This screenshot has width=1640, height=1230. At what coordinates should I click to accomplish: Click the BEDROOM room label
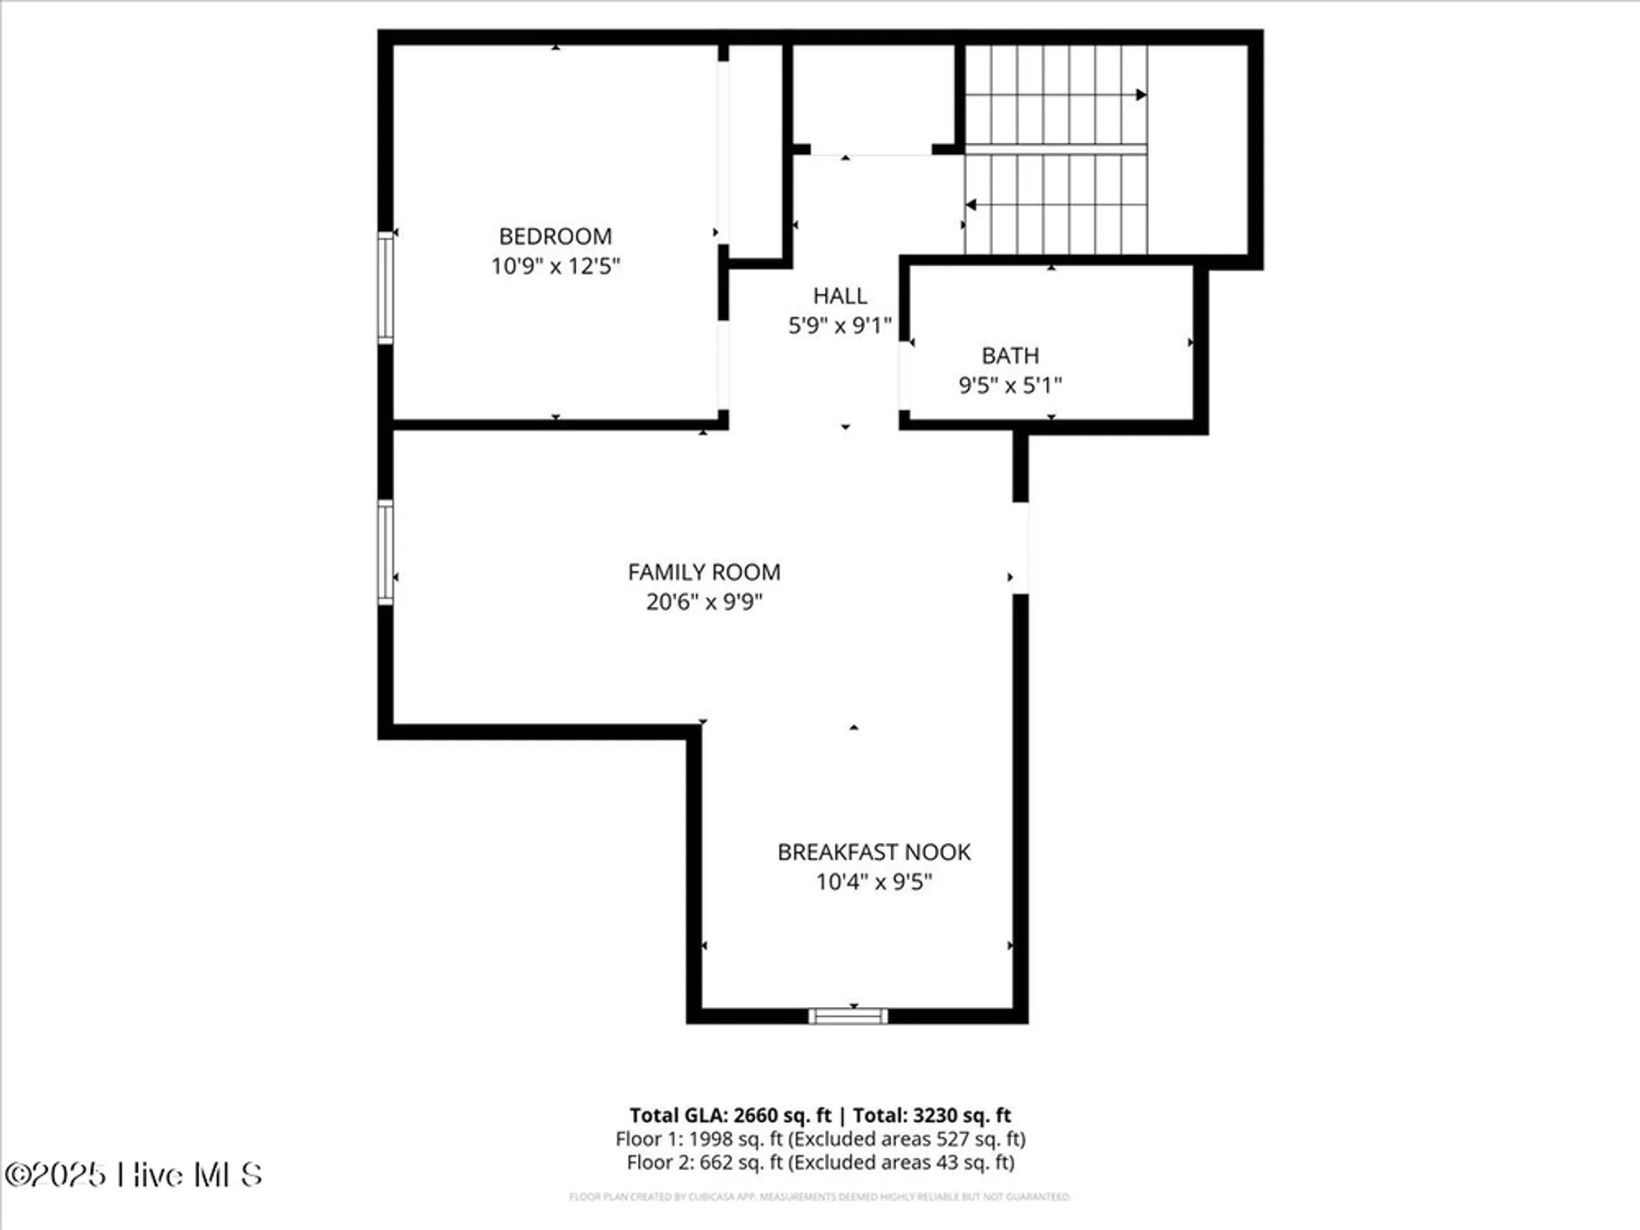point(555,236)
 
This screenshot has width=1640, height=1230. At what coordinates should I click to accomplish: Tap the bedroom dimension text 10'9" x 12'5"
point(555,266)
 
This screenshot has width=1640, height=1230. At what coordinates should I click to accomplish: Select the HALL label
point(840,295)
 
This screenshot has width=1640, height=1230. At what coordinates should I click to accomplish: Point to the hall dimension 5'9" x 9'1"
point(840,326)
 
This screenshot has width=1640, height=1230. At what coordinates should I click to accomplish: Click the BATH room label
point(1010,355)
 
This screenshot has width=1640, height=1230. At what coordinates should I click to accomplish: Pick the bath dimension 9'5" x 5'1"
point(1010,385)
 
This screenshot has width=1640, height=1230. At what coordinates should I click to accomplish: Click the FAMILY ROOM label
point(704,572)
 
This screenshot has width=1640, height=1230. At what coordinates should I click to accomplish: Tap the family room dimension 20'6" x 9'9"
point(704,602)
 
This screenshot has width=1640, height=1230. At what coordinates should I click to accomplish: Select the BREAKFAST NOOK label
point(874,852)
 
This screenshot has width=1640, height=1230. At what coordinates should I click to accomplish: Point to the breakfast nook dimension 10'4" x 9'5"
point(874,881)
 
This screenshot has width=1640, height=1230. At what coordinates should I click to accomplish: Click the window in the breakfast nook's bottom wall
point(848,1016)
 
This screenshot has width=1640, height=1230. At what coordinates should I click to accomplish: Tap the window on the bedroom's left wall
point(385,287)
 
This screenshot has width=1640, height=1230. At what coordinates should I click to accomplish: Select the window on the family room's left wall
point(385,552)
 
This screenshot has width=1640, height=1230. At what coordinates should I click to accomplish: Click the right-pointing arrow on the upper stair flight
point(1140,95)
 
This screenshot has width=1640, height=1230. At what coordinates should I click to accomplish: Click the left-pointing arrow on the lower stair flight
point(972,204)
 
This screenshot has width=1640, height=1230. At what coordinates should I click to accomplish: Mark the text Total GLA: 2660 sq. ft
point(730,1115)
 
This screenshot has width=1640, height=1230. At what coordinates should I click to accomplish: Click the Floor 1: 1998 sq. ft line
point(820,1139)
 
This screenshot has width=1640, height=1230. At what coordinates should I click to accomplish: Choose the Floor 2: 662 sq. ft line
point(820,1162)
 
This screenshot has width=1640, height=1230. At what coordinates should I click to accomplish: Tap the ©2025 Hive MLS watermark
point(134,1174)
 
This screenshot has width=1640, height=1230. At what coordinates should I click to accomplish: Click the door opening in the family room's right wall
point(1020,548)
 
